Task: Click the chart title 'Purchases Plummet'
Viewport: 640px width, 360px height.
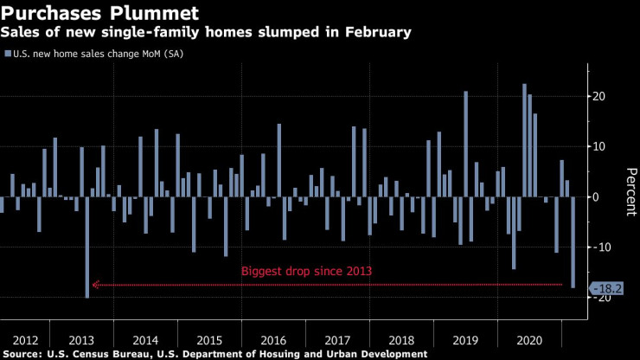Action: pyautogui.click(x=101, y=14)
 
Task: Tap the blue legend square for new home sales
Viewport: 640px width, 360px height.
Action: pyautogui.click(x=8, y=54)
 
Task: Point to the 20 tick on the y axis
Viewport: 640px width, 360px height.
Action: pyautogui.click(x=598, y=96)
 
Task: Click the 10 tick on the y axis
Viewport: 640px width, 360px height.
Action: pyautogui.click(x=598, y=146)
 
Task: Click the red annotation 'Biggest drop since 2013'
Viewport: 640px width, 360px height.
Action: pyautogui.click(x=306, y=271)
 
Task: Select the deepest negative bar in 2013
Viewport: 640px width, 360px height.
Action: pyautogui.click(x=86, y=247)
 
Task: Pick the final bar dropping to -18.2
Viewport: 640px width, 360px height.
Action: pyautogui.click(x=573, y=241)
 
